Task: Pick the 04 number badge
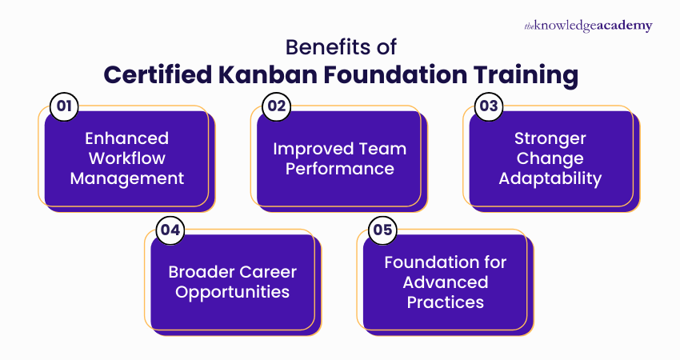coord(170,230)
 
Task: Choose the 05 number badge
coord(382,230)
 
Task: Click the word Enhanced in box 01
coord(127,139)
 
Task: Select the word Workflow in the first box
coord(127,158)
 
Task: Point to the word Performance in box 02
coord(339,169)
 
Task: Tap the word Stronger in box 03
coord(550,139)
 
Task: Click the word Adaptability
coord(550,178)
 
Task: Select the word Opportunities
coord(233,292)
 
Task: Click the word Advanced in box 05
coord(445,282)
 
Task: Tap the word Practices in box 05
coord(445,302)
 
